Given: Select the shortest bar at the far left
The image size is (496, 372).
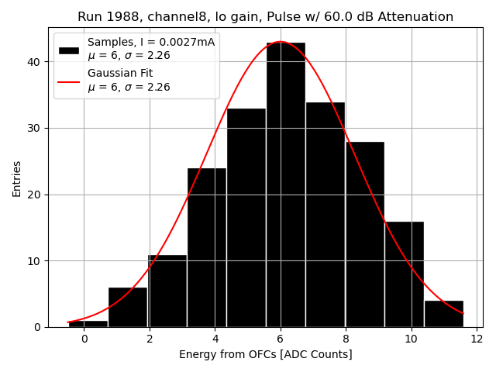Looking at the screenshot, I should coord(88,323).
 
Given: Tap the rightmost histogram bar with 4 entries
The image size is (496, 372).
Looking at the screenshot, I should coord(444,314).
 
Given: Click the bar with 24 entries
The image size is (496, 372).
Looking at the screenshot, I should coord(206,247).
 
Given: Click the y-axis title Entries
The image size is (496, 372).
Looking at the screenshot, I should coord(17,178).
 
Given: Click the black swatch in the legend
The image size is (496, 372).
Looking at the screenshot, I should coord(69,50).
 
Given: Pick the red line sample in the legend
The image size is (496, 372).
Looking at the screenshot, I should coord(69,81).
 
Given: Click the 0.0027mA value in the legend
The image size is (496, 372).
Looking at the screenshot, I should coord(186,42).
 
